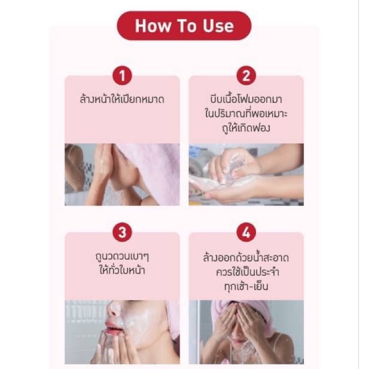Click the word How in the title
(153, 26)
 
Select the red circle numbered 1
(122, 76)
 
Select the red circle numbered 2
(246, 76)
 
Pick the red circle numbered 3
(122, 232)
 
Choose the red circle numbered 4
(246, 232)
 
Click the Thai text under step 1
(122, 99)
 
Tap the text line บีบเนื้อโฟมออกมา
(246, 99)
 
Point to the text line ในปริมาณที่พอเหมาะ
(246, 113)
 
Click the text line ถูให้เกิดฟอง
(246, 128)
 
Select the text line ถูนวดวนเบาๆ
(122, 256)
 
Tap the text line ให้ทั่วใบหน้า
(122, 270)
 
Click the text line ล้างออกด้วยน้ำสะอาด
(246, 257)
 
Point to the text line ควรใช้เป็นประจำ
(247, 272)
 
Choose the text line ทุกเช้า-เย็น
(246, 286)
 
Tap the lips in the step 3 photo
(114, 327)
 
